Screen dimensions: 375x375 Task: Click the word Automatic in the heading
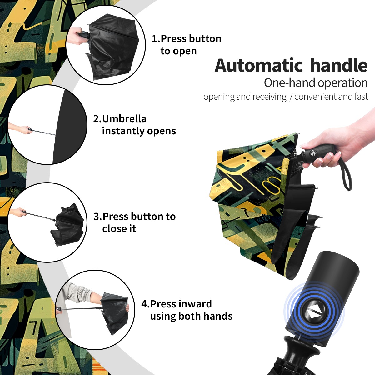click(259, 66)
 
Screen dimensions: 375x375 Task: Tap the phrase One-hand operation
click(316, 83)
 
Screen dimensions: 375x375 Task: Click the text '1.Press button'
click(187, 39)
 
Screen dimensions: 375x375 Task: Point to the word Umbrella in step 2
click(124, 119)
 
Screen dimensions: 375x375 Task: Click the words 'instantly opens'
click(139, 131)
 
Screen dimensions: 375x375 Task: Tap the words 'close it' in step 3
click(119, 229)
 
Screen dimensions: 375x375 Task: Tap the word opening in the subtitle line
click(219, 97)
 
